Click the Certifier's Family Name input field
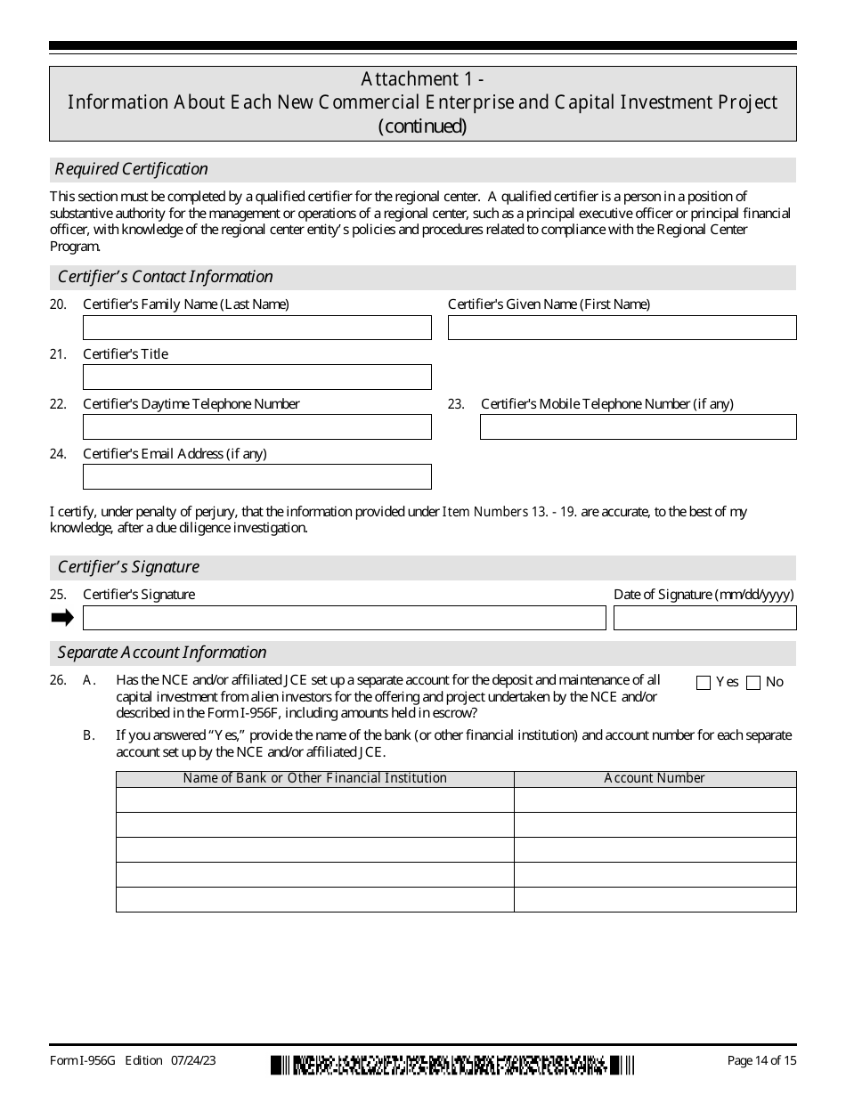(x=256, y=328)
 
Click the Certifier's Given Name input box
(x=622, y=328)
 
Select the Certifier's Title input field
(x=256, y=377)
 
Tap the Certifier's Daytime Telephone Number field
(x=256, y=427)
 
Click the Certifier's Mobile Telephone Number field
(x=638, y=427)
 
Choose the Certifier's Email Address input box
(x=256, y=477)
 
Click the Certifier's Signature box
(x=344, y=618)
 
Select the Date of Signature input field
(x=704, y=618)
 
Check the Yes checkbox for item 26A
(x=704, y=683)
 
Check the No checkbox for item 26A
(x=753, y=683)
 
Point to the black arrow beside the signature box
(x=62, y=618)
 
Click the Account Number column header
(x=655, y=779)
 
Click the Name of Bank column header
(x=314, y=779)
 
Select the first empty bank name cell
(x=314, y=800)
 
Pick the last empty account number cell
(x=655, y=900)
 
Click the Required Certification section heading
(x=132, y=169)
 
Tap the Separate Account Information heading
(x=162, y=653)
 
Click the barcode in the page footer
(x=452, y=1064)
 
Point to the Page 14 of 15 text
(x=761, y=1060)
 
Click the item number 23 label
(x=456, y=404)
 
